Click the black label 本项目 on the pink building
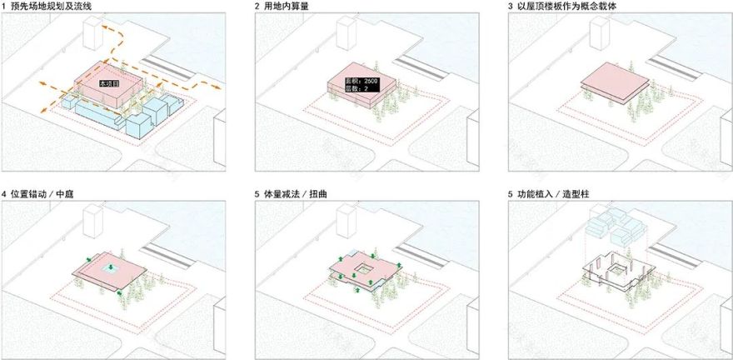coord(108,84)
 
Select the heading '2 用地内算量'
coord(287,7)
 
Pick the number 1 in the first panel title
coord(5,7)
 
